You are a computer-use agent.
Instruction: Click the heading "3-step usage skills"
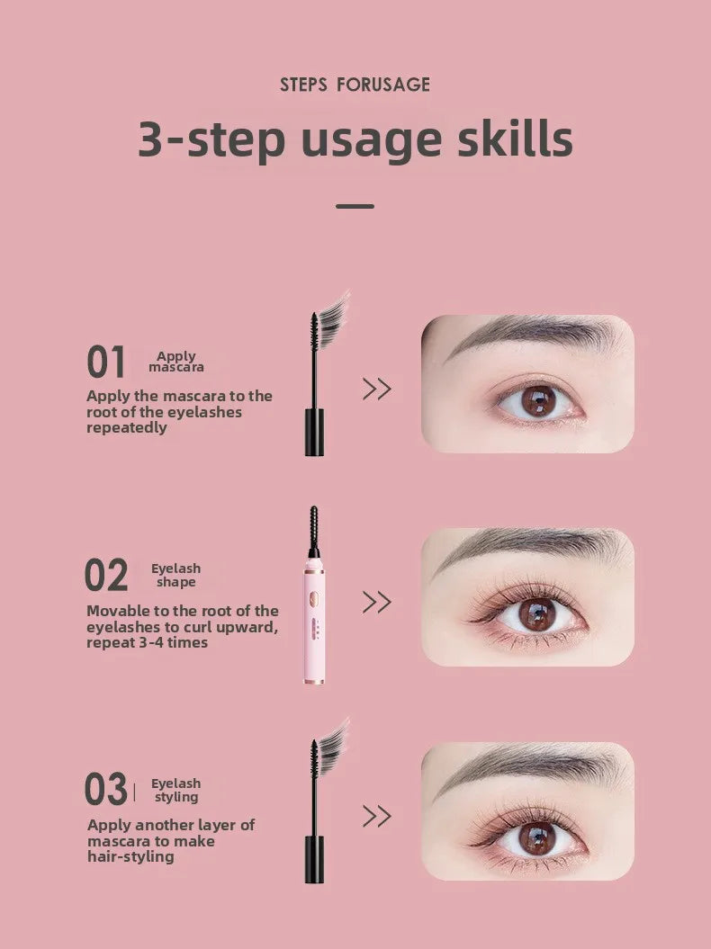click(x=355, y=140)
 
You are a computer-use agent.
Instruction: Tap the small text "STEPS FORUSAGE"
click(x=355, y=85)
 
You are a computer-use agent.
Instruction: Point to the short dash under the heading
click(x=355, y=206)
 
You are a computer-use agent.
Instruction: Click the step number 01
click(x=106, y=363)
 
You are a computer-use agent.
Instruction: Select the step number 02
click(x=106, y=576)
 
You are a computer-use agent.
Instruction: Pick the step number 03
click(x=106, y=790)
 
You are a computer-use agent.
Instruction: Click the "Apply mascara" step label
click(x=176, y=362)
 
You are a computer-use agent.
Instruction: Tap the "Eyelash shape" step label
click(x=175, y=575)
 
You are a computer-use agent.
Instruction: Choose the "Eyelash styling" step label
click(x=175, y=790)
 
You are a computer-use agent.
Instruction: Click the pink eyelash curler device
click(x=314, y=621)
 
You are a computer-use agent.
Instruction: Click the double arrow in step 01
click(x=376, y=389)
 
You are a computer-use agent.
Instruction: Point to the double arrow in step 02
click(x=376, y=602)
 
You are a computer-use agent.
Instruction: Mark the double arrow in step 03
click(x=376, y=816)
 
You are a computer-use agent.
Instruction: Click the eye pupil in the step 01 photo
click(x=538, y=400)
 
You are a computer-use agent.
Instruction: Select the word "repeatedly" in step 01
click(x=127, y=428)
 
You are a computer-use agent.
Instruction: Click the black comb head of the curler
click(x=314, y=531)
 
